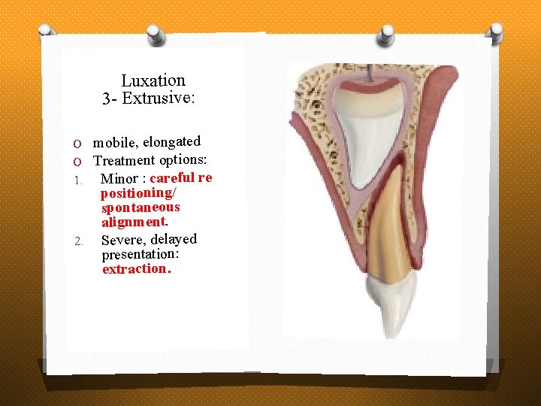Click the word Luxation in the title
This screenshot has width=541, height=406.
[153, 80]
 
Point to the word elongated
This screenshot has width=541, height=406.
[172, 141]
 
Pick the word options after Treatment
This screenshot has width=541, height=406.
[183, 159]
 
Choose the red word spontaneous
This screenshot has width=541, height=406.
[141, 207]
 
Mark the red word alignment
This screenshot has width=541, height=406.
[134, 222]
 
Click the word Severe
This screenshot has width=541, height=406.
[122, 241]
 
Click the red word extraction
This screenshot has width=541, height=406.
[136, 268]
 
